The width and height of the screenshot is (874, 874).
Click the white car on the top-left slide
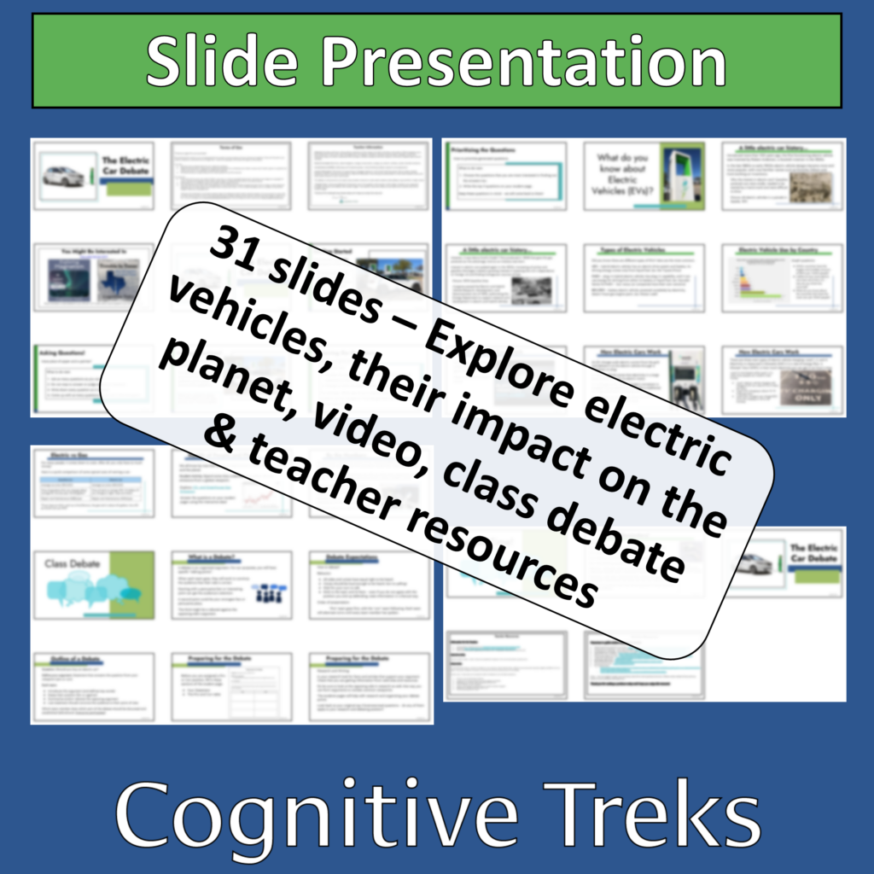(x=65, y=177)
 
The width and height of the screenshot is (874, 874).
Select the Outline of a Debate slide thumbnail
(x=94, y=686)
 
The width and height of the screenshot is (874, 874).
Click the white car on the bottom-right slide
(x=756, y=564)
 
